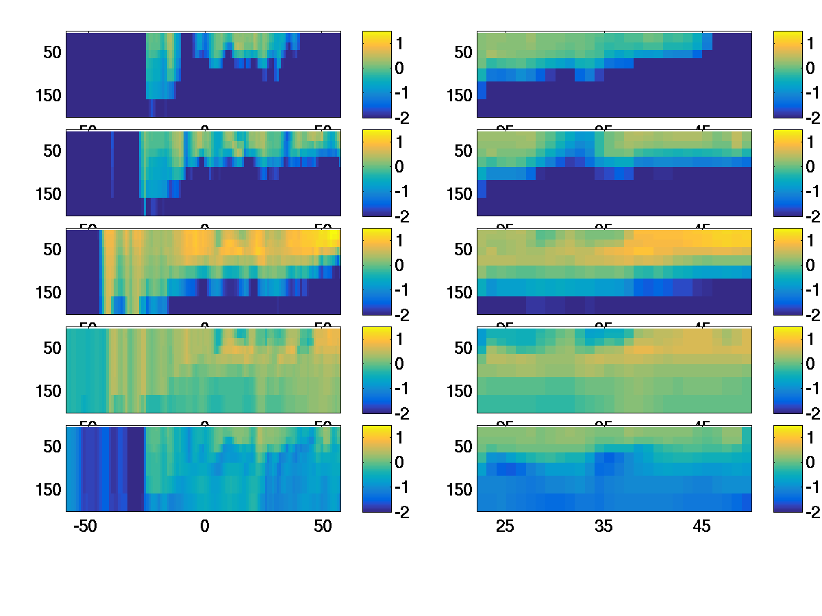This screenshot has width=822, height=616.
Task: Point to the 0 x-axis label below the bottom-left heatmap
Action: pyautogui.click(x=204, y=527)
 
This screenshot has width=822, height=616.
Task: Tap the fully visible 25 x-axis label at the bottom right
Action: pyautogui.click(x=505, y=527)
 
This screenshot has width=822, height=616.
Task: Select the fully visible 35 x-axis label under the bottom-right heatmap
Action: pyautogui.click(x=603, y=527)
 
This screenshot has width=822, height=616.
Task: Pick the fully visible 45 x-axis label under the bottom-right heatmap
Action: pyautogui.click(x=702, y=527)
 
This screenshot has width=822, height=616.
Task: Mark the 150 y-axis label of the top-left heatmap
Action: pyautogui.click(x=48, y=95)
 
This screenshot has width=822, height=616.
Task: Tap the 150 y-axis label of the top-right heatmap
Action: pyautogui.click(x=459, y=95)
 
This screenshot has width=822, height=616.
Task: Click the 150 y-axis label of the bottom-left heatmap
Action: pyautogui.click(x=48, y=489)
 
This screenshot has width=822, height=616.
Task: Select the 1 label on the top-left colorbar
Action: pyautogui.click(x=399, y=43)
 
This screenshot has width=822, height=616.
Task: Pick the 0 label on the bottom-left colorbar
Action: pyautogui.click(x=399, y=462)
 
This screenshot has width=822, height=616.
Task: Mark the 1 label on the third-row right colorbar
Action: pyautogui.click(x=810, y=240)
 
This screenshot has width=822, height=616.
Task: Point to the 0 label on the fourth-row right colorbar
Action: pyautogui.click(x=810, y=363)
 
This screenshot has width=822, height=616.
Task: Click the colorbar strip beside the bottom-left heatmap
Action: pyautogui.click(x=376, y=468)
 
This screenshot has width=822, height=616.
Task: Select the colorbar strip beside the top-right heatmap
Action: pyautogui.click(x=787, y=74)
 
